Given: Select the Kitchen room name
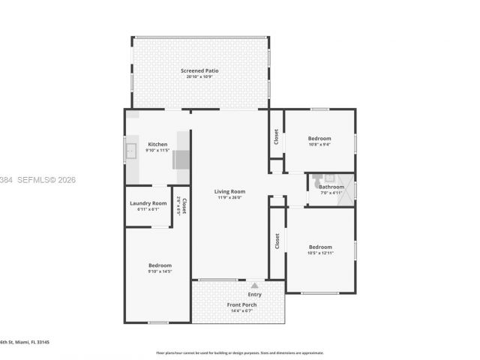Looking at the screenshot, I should point(157,144).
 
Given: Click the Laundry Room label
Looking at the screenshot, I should point(148,203).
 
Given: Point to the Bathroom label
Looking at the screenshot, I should point(331,187).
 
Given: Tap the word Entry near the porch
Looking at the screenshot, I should point(255,295).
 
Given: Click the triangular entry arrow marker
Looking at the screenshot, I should point(255,285).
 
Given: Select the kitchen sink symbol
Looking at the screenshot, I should point(130,151).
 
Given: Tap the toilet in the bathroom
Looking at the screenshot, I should point(319,178).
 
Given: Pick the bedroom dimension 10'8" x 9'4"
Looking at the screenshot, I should point(319,145).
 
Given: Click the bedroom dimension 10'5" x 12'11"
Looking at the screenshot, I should point(320,253).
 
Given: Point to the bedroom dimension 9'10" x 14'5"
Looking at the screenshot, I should point(160,271).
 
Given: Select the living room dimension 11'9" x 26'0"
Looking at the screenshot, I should point(229,197).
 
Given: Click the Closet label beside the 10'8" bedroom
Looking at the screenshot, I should point(276,136).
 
